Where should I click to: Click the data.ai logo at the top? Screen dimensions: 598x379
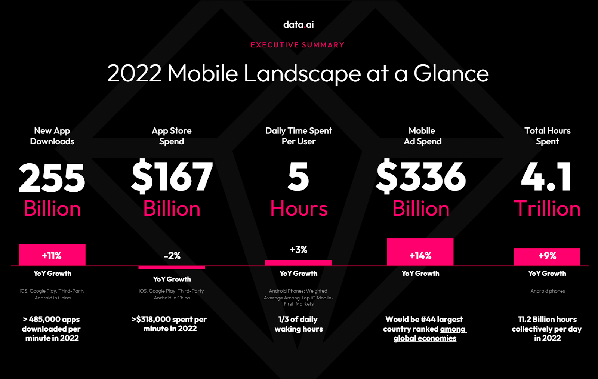click(x=299, y=25)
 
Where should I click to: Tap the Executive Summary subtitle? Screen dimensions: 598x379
click(x=298, y=45)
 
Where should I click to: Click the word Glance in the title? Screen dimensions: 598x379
click(x=451, y=73)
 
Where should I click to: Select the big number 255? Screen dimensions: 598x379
click(x=52, y=178)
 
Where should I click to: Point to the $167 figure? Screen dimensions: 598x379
click(x=172, y=176)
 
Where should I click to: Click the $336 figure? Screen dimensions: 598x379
click(x=421, y=176)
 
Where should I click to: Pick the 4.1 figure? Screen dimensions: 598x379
click(x=546, y=177)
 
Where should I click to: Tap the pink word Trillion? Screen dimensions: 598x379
click(x=547, y=208)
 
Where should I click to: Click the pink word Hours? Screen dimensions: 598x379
click(x=299, y=208)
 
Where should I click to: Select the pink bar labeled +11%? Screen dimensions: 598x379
click(x=52, y=255)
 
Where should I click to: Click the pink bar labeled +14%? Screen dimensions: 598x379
click(x=420, y=252)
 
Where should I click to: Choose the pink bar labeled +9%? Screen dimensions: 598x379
click(x=547, y=257)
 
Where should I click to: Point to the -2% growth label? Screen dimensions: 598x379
click(x=172, y=256)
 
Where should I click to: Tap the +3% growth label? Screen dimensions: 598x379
click(x=299, y=250)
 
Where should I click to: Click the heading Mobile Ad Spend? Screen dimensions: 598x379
click(x=422, y=136)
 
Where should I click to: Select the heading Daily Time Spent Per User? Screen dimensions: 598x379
click(x=299, y=136)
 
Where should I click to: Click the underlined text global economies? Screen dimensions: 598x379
click(x=425, y=338)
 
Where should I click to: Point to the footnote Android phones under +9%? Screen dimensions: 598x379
click(x=548, y=291)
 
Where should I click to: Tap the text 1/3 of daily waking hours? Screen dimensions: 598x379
click(x=299, y=324)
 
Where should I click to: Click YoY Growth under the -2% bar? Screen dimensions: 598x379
click(x=172, y=279)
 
